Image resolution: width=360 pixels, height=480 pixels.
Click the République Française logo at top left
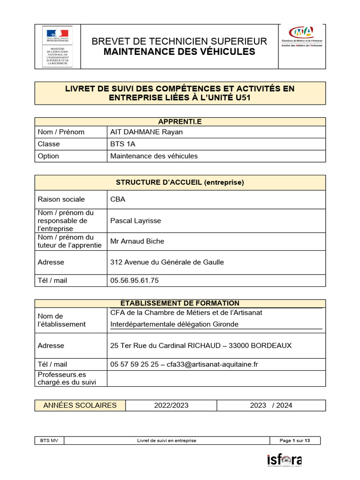pos(57,46)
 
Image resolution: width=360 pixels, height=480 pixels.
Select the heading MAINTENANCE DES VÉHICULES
pos(179,52)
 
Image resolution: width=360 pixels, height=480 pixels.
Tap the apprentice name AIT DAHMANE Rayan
pos(146,132)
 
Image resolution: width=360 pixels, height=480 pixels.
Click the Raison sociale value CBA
pos(118,199)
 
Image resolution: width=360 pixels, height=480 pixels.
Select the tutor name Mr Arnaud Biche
pos(137,241)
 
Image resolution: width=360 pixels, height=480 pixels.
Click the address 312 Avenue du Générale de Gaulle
pos(167,262)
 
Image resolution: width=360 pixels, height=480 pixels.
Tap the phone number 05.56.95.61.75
pos(134,280)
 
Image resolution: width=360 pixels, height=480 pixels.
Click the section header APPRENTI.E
pos(180,121)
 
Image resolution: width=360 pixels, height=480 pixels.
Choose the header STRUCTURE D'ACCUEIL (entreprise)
pos(180,182)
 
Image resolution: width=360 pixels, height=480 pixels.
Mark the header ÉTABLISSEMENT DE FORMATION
pos(180,303)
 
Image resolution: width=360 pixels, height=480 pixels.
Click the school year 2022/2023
pos(171,405)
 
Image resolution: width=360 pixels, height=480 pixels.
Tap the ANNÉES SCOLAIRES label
pos(80,405)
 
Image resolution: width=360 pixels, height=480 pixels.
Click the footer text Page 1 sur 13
pos(294,441)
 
